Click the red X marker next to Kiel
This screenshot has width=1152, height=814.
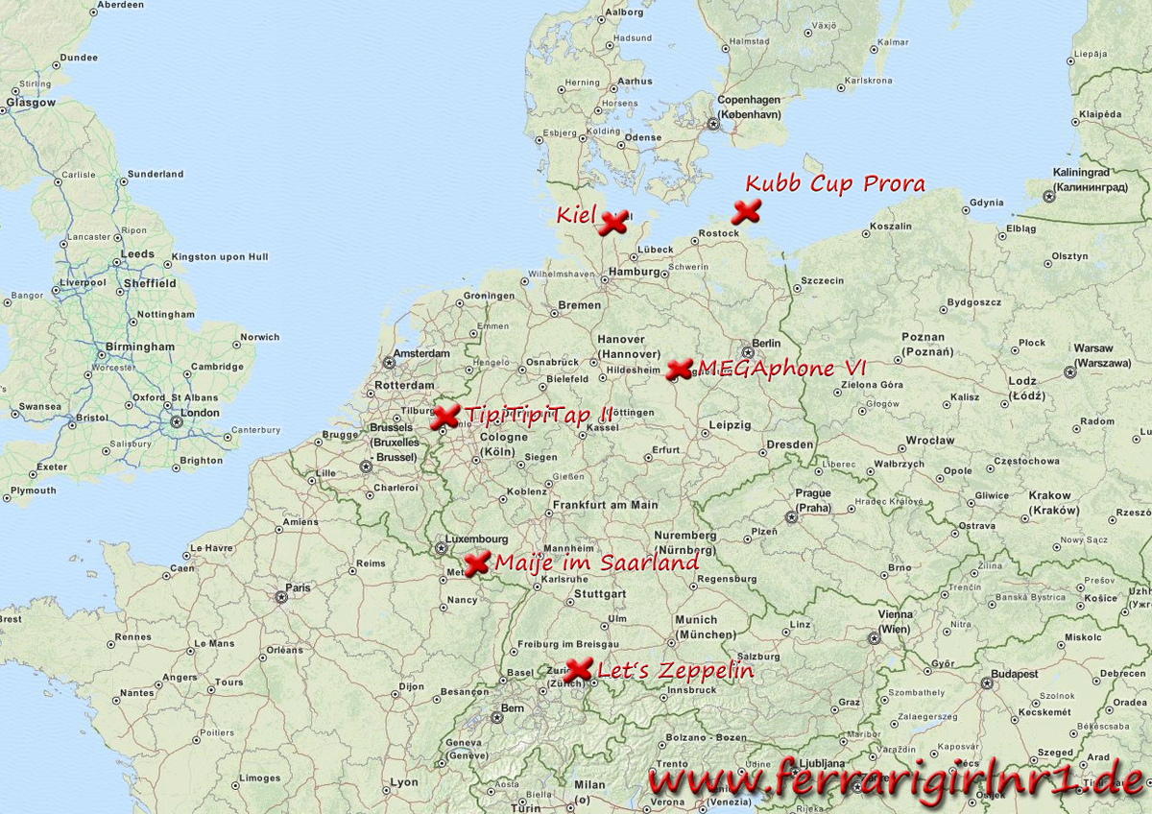[x=612, y=223]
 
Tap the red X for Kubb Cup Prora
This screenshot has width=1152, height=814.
[x=746, y=212]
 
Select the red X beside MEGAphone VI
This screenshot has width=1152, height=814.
[x=679, y=369]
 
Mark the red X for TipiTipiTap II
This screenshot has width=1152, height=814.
[x=445, y=417]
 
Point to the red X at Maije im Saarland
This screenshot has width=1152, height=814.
[x=476, y=563]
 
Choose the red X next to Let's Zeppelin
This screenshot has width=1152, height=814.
[x=578, y=670]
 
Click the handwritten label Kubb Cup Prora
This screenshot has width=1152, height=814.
[x=835, y=183]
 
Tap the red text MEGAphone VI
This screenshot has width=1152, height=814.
[x=781, y=368]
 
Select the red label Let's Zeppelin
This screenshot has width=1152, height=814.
[x=675, y=670]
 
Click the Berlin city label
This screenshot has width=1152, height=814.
[x=767, y=344]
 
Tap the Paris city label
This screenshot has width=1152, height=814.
[x=298, y=587]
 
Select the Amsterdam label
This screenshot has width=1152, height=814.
[x=422, y=353]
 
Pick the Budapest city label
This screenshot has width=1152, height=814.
[x=1015, y=674]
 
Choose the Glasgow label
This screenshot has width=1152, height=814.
[x=31, y=102]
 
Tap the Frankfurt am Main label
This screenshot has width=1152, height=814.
[x=605, y=504]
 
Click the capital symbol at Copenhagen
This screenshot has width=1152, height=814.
[x=713, y=124]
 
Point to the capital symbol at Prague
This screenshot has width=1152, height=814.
[x=792, y=516]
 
